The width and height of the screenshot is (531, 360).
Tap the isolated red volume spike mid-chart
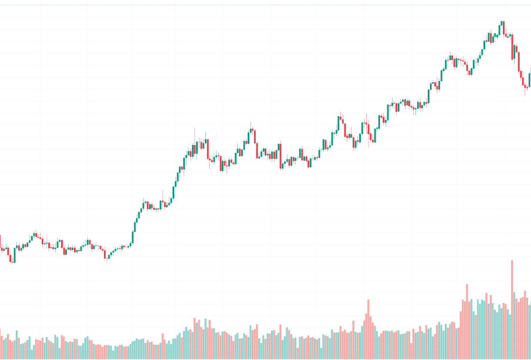click(x=368, y=329)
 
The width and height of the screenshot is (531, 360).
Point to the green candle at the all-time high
click(x=502, y=27)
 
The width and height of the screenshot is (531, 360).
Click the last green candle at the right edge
click(x=530, y=79)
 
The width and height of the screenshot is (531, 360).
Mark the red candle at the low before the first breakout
click(x=106, y=255)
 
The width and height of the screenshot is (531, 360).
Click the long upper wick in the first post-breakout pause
click(x=163, y=197)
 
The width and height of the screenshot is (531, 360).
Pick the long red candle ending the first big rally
click(x=207, y=148)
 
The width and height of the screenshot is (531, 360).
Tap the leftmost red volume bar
click(x=1, y=344)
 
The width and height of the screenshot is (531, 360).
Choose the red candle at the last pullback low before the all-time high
click(x=469, y=69)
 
